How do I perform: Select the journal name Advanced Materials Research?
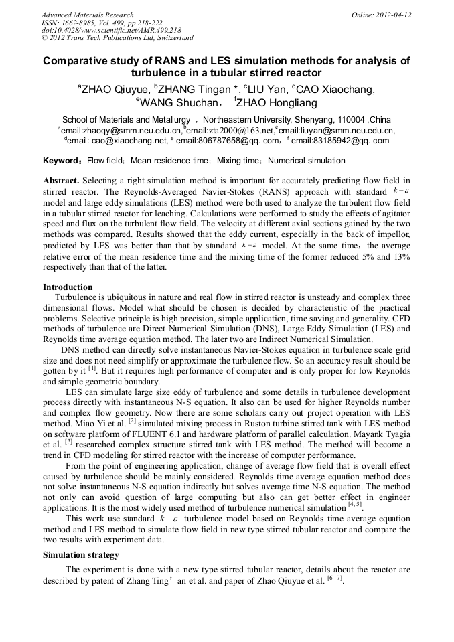tap(88, 15)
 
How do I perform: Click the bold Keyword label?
tap(62, 161)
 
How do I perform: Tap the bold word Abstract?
tap(62, 181)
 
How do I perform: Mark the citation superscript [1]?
tap(92, 367)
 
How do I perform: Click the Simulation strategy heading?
tap(81, 555)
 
